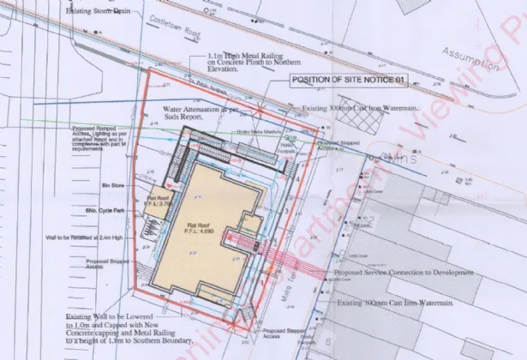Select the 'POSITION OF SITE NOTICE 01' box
tap(348, 81)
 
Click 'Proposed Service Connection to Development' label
tap(402, 272)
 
